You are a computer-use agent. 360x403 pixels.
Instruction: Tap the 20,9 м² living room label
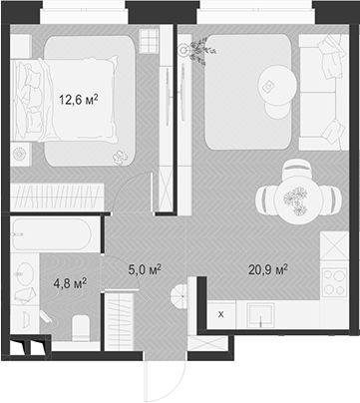click(x=267, y=268)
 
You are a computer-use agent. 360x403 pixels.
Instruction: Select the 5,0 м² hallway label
click(x=146, y=268)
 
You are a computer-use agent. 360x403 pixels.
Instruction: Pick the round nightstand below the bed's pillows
click(x=19, y=154)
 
